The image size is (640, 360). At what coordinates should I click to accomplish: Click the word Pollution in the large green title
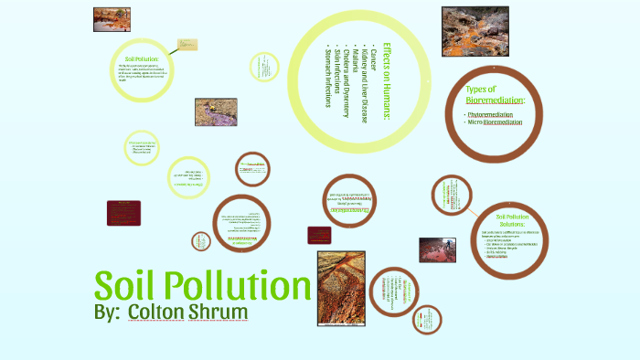point(239,287)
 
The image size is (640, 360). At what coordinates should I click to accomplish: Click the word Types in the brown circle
point(482,89)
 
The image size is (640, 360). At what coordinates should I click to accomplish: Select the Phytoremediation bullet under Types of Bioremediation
point(495,114)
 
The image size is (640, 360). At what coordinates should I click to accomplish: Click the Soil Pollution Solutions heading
point(513,222)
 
